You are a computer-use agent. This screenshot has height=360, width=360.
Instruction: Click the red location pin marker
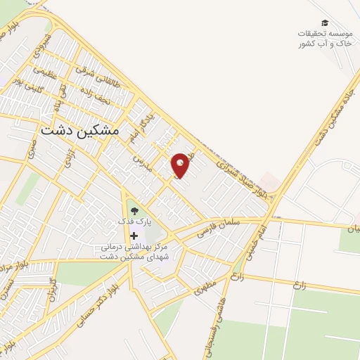point(181,166)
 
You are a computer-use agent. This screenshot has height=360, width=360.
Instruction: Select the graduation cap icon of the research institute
point(324,22)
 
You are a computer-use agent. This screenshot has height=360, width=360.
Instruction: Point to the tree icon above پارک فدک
point(134,209)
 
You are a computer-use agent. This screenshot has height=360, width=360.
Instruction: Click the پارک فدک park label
point(134,221)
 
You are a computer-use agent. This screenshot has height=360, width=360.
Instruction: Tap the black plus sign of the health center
point(134,236)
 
